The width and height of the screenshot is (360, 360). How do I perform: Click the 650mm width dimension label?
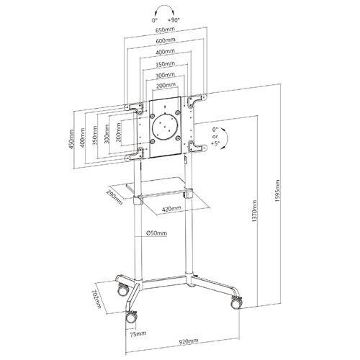click(x=165, y=30)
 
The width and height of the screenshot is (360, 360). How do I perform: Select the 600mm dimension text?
click(x=166, y=40)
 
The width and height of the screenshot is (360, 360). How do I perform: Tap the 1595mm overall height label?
click(x=278, y=192)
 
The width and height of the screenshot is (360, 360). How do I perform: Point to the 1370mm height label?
click(x=255, y=212)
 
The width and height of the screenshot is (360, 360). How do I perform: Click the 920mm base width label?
click(x=189, y=341)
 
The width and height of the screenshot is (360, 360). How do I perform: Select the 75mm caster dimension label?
click(x=138, y=333)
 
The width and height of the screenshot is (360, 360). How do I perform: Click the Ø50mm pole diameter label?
click(x=156, y=233)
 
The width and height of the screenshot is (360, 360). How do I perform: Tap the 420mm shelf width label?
click(x=171, y=209)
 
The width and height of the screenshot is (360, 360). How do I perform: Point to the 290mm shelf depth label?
click(x=114, y=198)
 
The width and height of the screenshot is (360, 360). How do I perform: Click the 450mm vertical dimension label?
click(x=71, y=139)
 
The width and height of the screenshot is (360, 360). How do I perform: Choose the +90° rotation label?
click(x=174, y=20)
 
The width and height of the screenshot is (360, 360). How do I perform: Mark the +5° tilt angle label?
click(x=216, y=143)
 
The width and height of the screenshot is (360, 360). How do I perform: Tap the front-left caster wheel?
click(x=132, y=318)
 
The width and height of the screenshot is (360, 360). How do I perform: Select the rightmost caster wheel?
click(x=237, y=303)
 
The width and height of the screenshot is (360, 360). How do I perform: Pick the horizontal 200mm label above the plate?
click(x=166, y=85)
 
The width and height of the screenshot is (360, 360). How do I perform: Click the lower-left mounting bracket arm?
click(x=134, y=155)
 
